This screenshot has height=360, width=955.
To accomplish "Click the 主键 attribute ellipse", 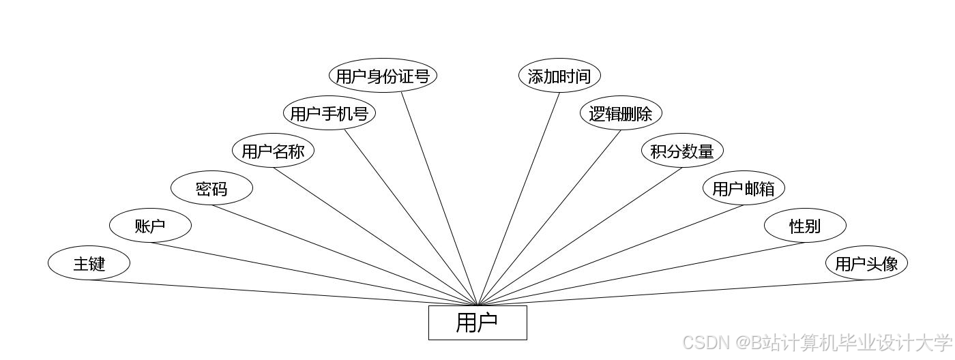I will click(x=89, y=263).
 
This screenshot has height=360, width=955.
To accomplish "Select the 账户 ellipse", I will click(x=150, y=226).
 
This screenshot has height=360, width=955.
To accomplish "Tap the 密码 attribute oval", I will click(x=211, y=188).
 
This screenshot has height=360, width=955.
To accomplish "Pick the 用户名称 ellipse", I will click(x=273, y=151).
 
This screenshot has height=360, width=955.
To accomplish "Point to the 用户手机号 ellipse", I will click(x=329, y=113).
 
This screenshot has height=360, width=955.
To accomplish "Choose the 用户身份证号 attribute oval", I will click(x=383, y=76).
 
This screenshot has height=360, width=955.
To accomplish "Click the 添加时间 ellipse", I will click(x=559, y=76).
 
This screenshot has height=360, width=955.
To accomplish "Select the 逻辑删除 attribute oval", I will click(x=621, y=113).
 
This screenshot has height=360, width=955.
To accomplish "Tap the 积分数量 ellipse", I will click(x=682, y=151).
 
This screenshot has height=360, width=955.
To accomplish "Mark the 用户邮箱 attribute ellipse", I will click(x=744, y=188).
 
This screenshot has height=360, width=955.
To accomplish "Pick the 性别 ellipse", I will click(x=805, y=226).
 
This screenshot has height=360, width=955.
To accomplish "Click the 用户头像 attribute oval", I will click(x=866, y=263).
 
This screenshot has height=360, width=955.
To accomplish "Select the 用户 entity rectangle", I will click(x=477, y=322).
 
